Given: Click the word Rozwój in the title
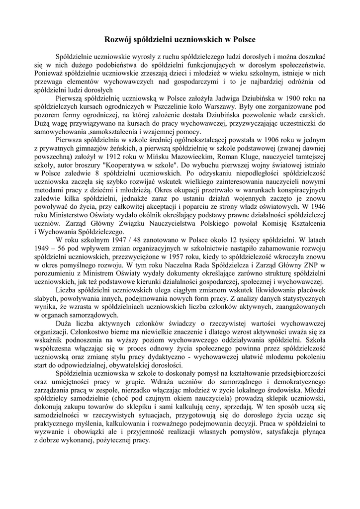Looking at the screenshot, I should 118,38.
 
